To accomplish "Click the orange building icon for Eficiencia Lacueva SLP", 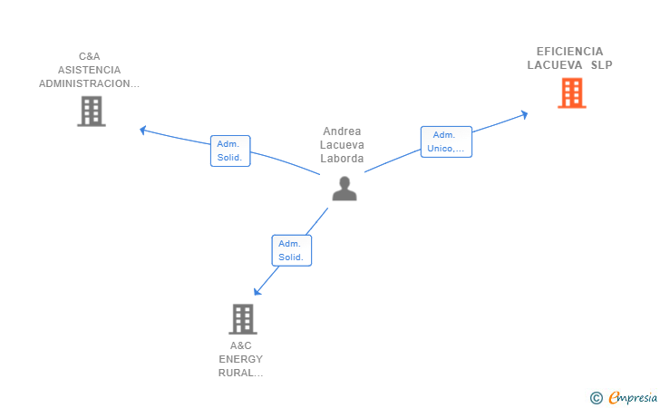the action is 571,93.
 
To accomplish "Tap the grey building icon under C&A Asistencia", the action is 92,112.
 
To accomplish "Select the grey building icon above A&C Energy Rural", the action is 243,319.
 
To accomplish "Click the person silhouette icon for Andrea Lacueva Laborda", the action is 345,189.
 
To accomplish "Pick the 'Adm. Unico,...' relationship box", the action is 446,142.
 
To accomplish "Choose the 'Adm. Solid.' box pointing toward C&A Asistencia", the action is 230,151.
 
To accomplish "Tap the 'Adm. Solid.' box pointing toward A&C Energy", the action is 292,250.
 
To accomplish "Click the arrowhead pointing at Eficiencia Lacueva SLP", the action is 524,114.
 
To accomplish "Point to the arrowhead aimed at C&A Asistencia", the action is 142,130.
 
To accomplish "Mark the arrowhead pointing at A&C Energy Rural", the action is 257,291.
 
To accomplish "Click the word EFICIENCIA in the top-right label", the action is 569,52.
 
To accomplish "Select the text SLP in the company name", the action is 601,65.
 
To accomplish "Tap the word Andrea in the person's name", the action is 342,131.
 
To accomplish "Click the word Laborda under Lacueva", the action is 342,159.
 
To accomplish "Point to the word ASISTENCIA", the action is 89,70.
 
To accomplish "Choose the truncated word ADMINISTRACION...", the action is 89,83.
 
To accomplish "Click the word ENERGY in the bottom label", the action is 241,359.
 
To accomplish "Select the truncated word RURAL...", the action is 241,373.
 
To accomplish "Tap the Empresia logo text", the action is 633,398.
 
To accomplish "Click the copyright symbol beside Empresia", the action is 597,398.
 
